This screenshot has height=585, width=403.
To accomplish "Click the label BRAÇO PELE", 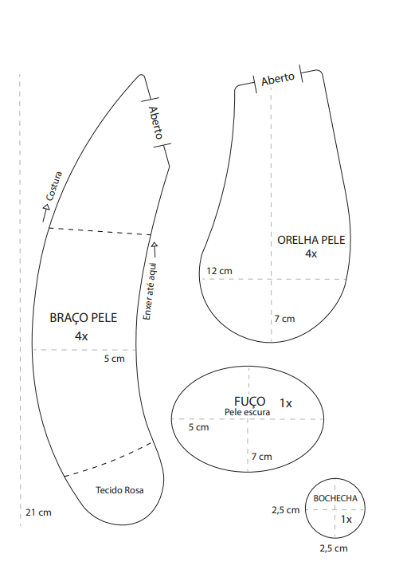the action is pyautogui.click(x=84, y=318).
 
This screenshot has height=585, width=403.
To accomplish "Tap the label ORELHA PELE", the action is pyautogui.click(x=311, y=240).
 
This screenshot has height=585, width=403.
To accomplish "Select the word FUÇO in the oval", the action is pyautogui.click(x=250, y=402).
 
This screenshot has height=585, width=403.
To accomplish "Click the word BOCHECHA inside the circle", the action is pyautogui.click(x=335, y=498).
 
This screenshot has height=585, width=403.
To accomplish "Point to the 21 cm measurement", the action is pyautogui.click(x=38, y=512).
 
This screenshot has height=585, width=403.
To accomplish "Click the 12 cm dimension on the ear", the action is pyautogui.click(x=219, y=271).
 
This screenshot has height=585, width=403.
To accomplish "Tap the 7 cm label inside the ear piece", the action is pyautogui.click(x=284, y=319).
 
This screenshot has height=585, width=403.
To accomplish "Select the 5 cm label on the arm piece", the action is pyautogui.click(x=114, y=359).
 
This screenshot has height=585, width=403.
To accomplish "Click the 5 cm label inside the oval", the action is pyautogui.click(x=198, y=427).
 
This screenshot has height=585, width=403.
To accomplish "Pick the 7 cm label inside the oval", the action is pyautogui.click(x=261, y=457).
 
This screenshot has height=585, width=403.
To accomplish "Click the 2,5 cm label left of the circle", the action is pyautogui.click(x=286, y=510).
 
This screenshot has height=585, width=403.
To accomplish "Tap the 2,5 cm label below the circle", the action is pyautogui.click(x=333, y=548).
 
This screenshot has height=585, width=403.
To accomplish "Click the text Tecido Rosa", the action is pyautogui.click(x=119, y=490).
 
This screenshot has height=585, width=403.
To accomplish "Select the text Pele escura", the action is pyautogui.click(x=247, y=412).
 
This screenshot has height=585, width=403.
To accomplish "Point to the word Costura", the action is pyautogui.click(x=53, y=186).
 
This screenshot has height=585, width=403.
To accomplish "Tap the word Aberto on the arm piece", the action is pyautogui.click(x=156, y=123).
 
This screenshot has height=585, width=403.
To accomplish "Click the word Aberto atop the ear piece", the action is pyautogui.click(x=278, y=79).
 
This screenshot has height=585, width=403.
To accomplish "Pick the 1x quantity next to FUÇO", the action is pyautogui.click(x=286, y=403).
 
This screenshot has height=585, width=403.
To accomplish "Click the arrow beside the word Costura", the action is pyautogui.click(x=46, y=213).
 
